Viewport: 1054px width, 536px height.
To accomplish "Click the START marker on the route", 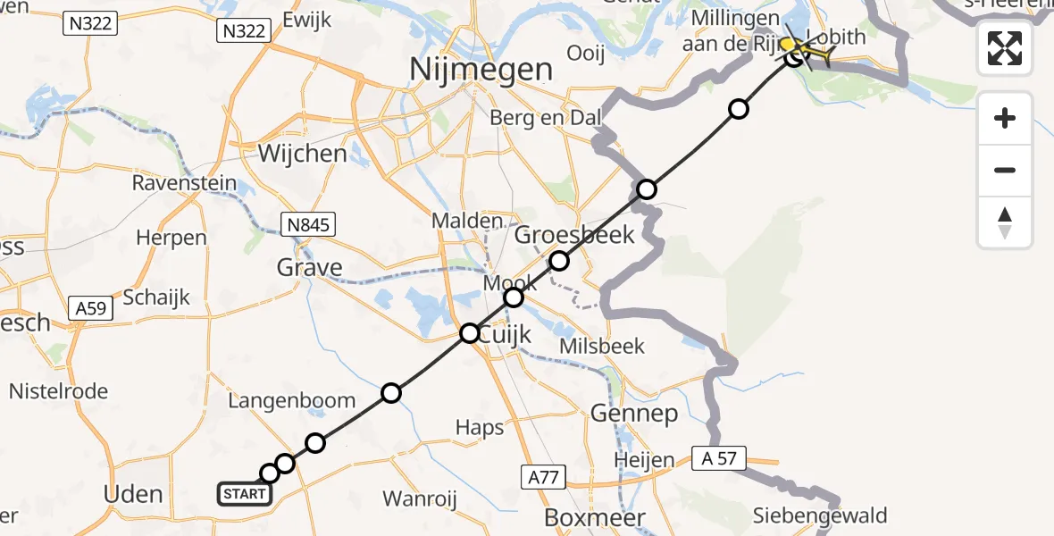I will click(243, 493).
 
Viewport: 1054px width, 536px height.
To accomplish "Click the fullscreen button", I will click(1005, 48).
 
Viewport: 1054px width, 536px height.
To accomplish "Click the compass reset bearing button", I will click(1005, 222).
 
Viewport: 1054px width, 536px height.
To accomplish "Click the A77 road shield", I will click(543, 478).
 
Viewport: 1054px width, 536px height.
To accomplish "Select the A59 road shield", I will click(91, 309).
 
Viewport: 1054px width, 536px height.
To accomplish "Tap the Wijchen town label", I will click(302, 153).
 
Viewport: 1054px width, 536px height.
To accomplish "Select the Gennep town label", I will click(633, 413).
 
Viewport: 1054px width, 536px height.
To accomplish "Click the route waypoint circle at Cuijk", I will click(470, 334).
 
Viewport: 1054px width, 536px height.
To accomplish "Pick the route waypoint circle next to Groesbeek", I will click(559, 261).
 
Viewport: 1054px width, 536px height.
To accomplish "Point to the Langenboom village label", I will click(291, 401).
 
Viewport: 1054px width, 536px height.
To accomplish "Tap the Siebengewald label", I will click(820, 515).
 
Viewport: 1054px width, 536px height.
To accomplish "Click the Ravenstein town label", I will click(184, 184).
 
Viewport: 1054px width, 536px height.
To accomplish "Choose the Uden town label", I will click(134, 494).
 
